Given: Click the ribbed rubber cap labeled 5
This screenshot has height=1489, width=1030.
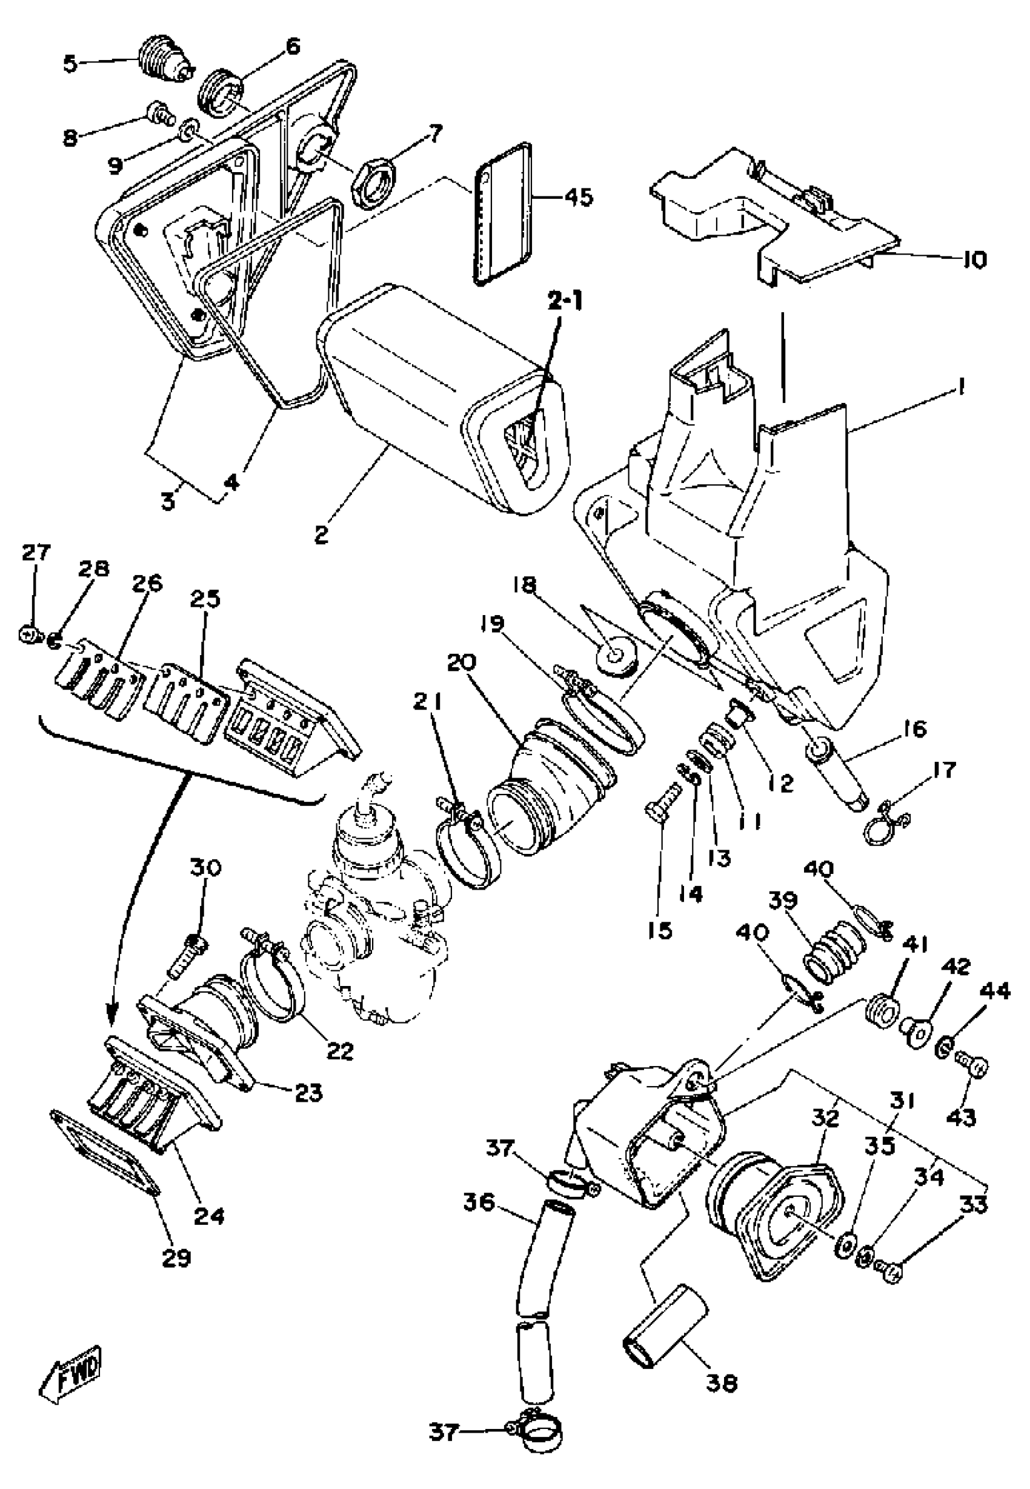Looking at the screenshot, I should point(165,65).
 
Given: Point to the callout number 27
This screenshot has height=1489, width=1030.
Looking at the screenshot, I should point(36,553).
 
